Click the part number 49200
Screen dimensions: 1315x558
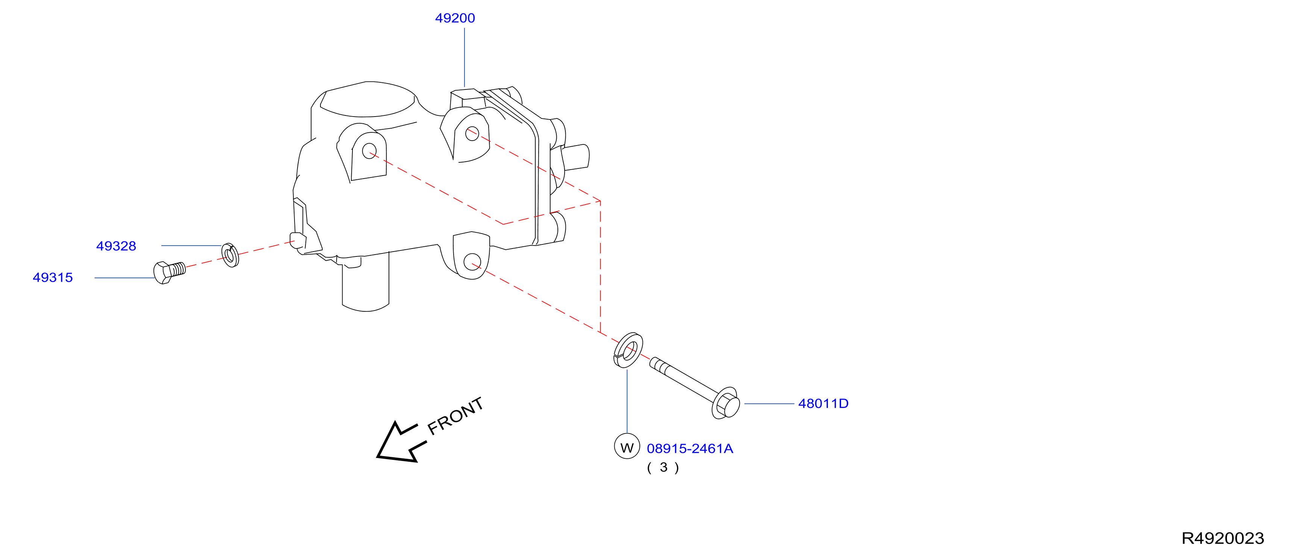(455, 18)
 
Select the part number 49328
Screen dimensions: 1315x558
(116, 246)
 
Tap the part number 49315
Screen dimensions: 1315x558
(53, 278)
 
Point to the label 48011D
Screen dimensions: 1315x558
(823, 404)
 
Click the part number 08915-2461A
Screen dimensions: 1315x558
(690, 449)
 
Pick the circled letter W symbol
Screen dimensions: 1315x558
(627, 447)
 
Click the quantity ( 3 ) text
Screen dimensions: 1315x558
(663, 468)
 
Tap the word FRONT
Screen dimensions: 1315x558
(456, 416)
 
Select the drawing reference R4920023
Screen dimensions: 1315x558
(1222, 538)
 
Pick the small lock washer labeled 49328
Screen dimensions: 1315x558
(230, 255)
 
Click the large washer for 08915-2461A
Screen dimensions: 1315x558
(628, 350)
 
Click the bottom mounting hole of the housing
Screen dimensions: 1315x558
(472, 262)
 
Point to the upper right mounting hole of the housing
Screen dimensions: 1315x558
(472, 134)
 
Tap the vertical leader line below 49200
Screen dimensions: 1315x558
(465, 58)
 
